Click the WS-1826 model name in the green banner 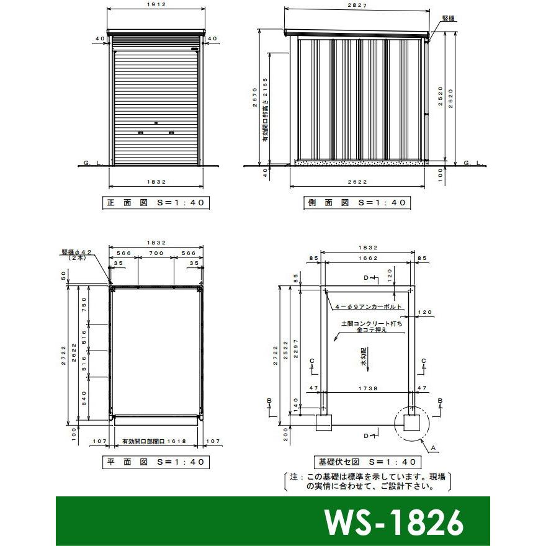click(x=393, y=522)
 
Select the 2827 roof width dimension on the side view click(x=357, y=6)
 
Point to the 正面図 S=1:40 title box click(x=155, y=203)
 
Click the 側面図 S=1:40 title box click(x=357, y=203)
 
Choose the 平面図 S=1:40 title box click(x=155, y=462)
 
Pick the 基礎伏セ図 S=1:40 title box click(x=367, y=462)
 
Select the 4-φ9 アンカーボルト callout click(x=369, y=307)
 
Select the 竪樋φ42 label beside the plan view click(x=77, y=254)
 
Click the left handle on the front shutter click(x=140, y=133)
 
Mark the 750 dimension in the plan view click(x=85, y=306)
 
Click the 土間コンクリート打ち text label click(x=372, y=323)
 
